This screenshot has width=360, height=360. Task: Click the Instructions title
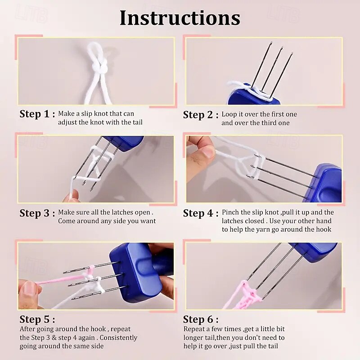(180, 18)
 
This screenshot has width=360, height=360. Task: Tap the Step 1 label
(37, 114)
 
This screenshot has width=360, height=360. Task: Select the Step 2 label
(201, 115)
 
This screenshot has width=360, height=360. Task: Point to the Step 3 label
(37, 213)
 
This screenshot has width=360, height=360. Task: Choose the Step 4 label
(201, 213)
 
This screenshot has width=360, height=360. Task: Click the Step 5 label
(37, 319)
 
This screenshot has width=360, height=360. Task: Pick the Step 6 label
(201, 319)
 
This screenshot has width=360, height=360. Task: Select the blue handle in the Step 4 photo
(324, 183)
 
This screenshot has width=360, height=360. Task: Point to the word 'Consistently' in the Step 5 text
(118, 338)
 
